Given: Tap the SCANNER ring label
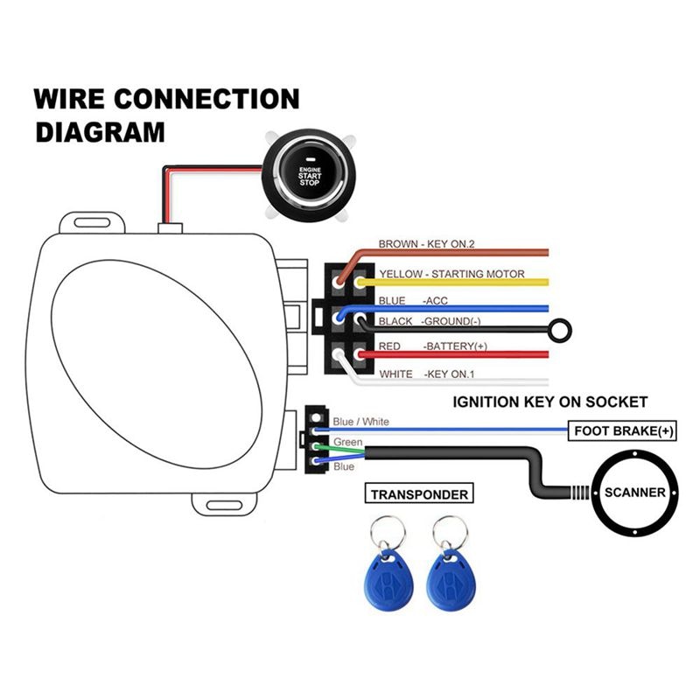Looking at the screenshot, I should point(634,493).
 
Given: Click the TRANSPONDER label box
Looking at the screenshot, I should point(419,494).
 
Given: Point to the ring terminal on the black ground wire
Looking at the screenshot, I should point(556,331).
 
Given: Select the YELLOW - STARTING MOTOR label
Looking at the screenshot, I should point(451,274).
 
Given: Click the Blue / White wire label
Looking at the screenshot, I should point(361,422).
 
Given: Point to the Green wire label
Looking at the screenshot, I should point(347,443).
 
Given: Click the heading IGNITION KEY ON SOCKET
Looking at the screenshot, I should point(549,402).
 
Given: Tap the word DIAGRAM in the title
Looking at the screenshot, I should point(100,132).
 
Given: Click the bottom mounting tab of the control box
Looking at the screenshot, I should point(218,506).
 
